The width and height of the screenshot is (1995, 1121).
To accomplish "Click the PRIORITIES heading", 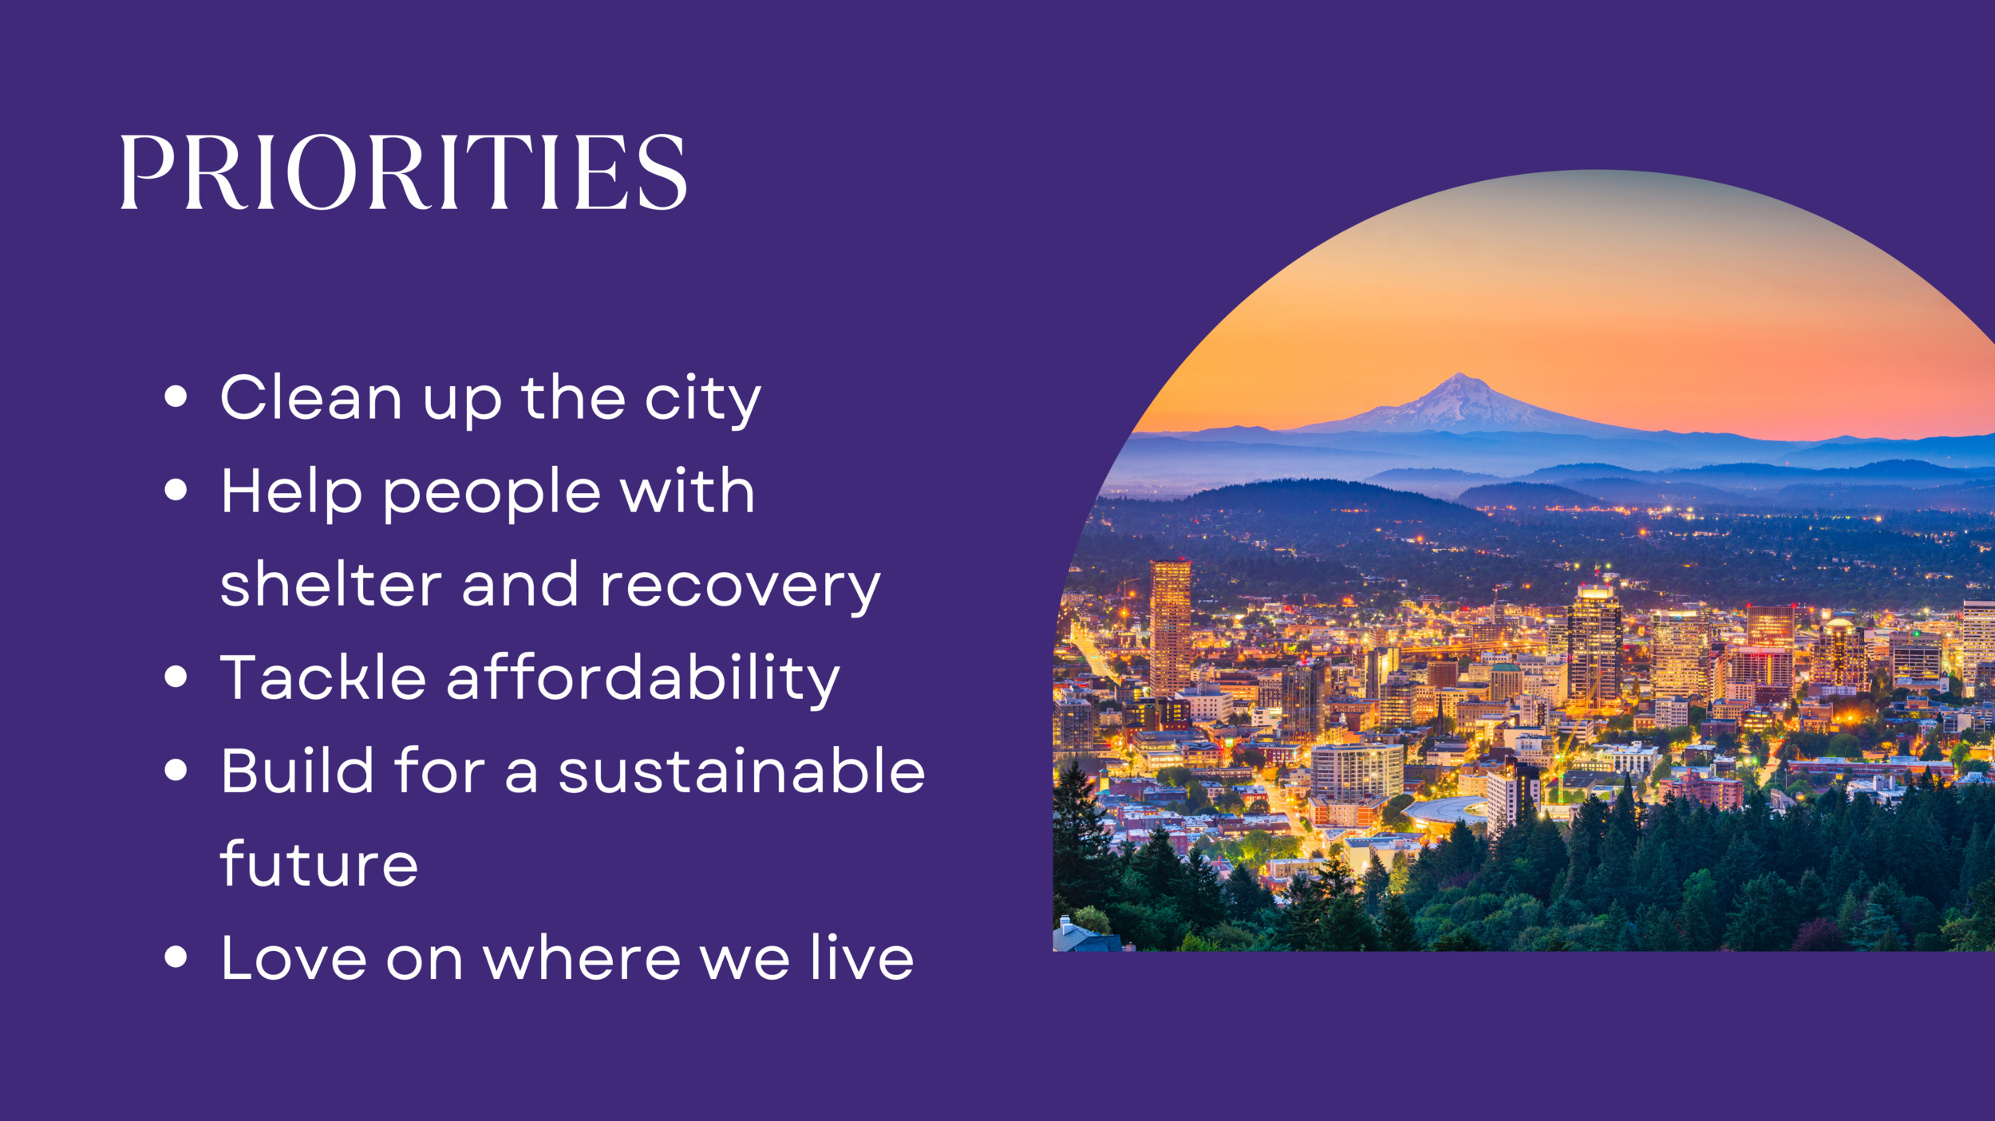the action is (403, 172).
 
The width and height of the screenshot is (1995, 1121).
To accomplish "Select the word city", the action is (702, 401).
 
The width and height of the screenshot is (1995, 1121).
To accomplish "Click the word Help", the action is (292, 490).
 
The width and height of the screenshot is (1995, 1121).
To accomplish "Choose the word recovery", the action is (741, 588).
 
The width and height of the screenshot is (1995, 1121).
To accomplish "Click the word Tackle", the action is (323, 677).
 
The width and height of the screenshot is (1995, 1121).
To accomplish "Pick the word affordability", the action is (643, 680).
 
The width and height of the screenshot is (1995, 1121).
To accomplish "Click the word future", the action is (318, 863).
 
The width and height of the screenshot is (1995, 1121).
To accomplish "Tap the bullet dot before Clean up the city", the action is (176, 397).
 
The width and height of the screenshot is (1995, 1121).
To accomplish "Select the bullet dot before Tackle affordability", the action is (176, 677).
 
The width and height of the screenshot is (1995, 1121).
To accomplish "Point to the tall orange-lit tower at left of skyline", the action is (1170, 627).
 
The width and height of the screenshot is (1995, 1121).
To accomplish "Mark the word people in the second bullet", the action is (492, 495).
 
